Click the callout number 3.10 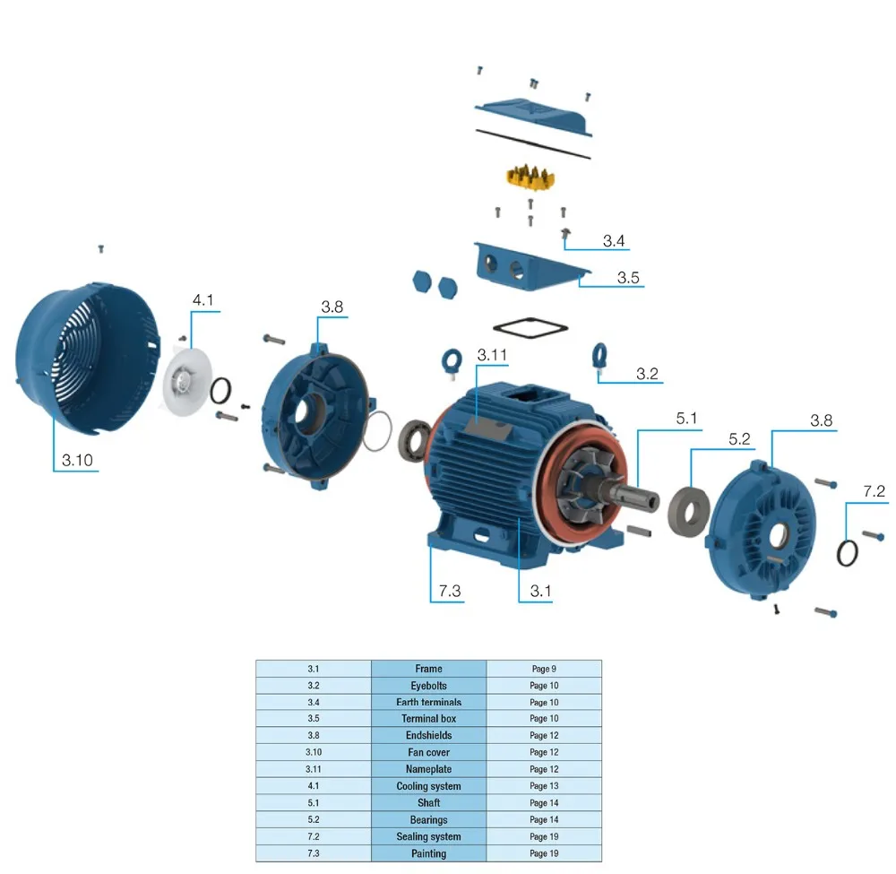pyautogui.click(x=77, y=461)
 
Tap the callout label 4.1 pyautogui.click(x=203, y=300)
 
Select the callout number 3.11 pyautogui.click(x=492, y=355)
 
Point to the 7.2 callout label pyautogui.click(x=874, y=492)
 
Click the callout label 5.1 pyautogui.click(x=686, y=418)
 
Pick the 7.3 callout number pyautogui.click(x=449, y=591)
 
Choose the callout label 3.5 pyautogui.click(x=628, y=277)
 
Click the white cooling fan pyautogui.click(x=187, y=383)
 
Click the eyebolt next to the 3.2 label pyautogui.click(x=599, y=355)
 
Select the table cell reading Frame pyautogui.click(x=428, y=669)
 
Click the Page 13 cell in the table pyautogui.click(x=543, y=786)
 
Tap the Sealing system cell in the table pyautogui.click(x=428, y=836)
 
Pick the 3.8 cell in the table pyautogui.click(x=314, y=736)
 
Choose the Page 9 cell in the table pyautogui.click(x=543, y=669)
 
